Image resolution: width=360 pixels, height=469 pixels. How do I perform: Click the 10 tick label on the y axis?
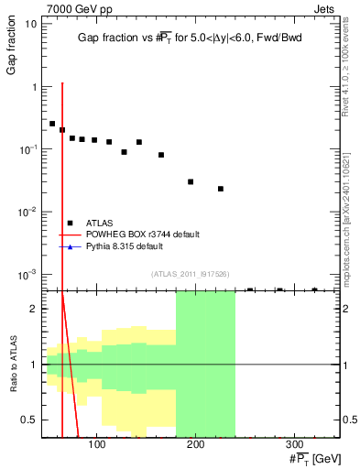point(29,24)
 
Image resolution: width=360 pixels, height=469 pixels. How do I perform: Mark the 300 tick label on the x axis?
point(294,443)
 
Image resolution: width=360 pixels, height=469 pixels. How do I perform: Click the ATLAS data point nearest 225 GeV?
point(221,189)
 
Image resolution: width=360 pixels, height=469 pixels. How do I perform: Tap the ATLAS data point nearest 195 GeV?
point(191,181)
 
